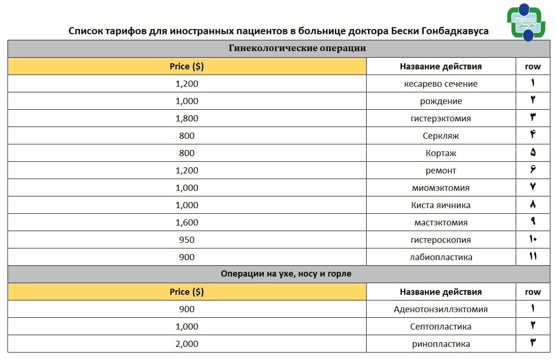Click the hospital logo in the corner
526,22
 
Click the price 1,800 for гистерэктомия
187,119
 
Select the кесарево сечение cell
441,84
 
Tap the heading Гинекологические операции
297,48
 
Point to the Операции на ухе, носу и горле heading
286,274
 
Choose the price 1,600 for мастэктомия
187,223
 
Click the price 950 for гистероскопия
187,240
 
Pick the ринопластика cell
441,344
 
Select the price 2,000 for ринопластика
187,344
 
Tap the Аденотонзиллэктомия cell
441,309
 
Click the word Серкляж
441,136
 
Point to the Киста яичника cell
441,205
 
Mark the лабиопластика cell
441,257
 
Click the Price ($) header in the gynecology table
187,67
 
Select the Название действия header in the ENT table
441,292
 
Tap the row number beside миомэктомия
533,188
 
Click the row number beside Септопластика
533,327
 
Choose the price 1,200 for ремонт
187,171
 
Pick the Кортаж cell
441,153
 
